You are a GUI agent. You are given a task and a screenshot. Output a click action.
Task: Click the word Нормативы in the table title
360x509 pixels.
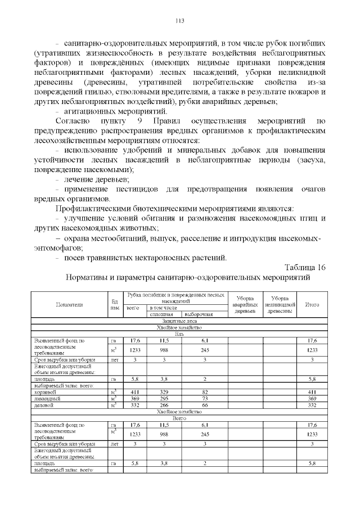(x=89, y=277)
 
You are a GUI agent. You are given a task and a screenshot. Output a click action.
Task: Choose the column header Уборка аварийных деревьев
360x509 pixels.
(x=245, y=304)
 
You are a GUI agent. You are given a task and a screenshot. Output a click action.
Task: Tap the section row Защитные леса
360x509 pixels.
(x=179, y=321)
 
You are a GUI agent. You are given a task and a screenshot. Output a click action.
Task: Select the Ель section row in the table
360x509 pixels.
(x=179, y=334)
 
